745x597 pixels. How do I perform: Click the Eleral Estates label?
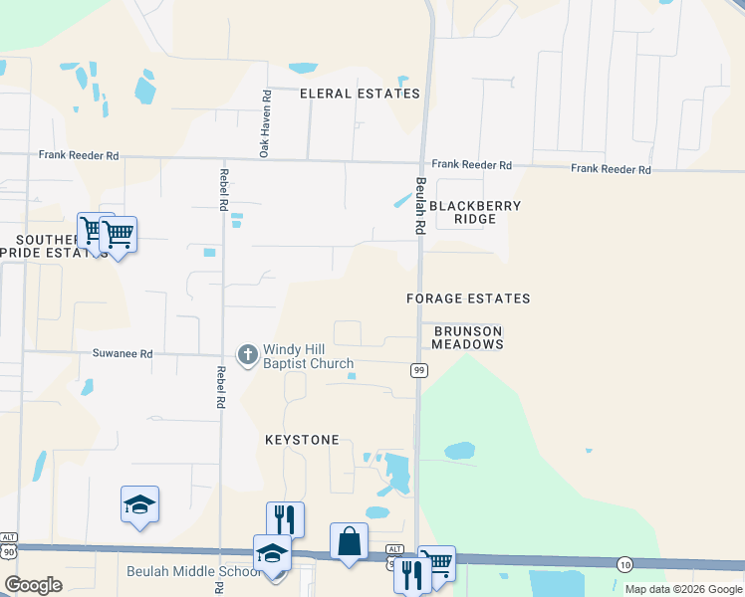click(x=360, y=94)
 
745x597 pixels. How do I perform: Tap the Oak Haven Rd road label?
click(x=266, y=124)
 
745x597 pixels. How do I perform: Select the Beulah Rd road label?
click(x=420, y=206)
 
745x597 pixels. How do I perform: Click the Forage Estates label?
click(x=468, y=298)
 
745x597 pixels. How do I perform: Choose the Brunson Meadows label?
click(x=467, y=337)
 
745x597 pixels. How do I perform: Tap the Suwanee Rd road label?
click(x=124, y=353)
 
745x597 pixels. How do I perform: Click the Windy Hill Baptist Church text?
click(x=308, y=356)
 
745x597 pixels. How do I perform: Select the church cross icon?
click(x=247, y=353)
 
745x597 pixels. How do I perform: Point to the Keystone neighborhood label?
click(x=302, y=440)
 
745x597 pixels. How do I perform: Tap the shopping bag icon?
click(x=349, y=542)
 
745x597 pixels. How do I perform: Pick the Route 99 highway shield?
click(x=419, y=370)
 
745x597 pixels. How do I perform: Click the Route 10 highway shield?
click(x=623, y=563)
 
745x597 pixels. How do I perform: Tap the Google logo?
click(x=34, y=585)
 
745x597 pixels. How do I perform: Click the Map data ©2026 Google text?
click(x=683, y=589)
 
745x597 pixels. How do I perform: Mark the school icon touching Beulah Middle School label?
click(x=272, y=555)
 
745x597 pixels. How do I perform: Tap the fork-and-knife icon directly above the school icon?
click(x=285, y=518)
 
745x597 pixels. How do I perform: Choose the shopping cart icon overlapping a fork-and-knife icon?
click(x=436, y=563)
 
